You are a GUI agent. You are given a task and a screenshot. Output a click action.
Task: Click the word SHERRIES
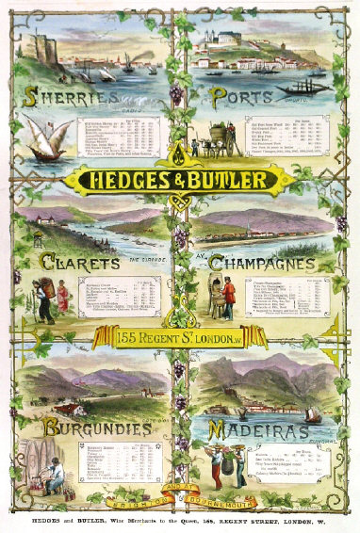pyautogui.click(x=72, y=97)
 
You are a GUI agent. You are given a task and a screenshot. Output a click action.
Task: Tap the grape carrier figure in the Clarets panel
pyautogui.click(x=45, y=294)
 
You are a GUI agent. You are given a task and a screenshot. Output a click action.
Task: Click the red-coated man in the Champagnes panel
pyautogui.click(x=227, y=294)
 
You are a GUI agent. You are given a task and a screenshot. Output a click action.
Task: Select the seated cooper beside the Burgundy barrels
pyautogui.click(x=57, y=471)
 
